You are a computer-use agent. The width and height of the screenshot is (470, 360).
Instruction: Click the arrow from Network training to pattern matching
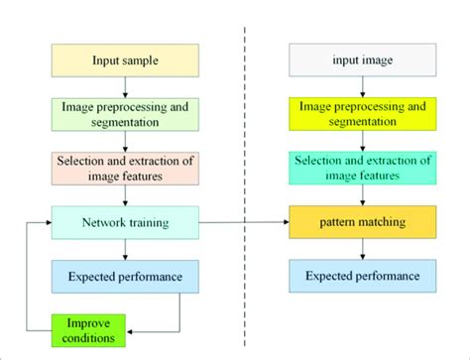[x=243, y=221]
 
